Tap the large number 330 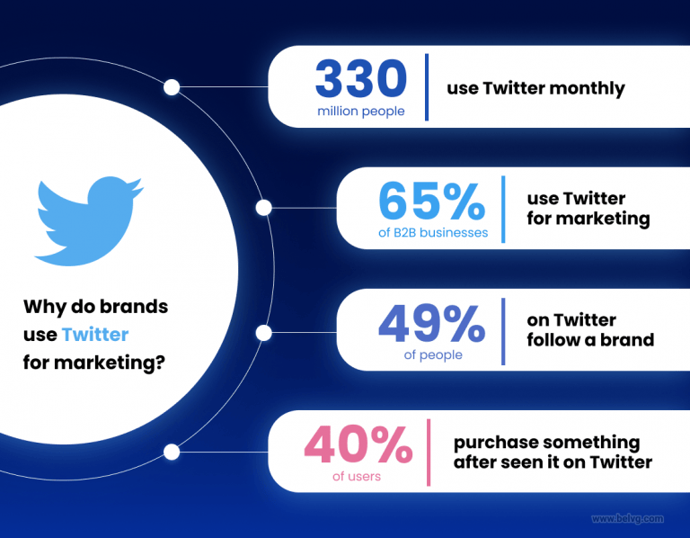pyautogui.click(x=361, y=81)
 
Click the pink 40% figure pyautogui.click(x=357, y=445)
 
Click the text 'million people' pyautogui.click(x=361, y=112)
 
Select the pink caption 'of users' pyautogui.click(x=357, y=475)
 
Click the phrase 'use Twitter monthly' pyautogui.click(x=535, y=88)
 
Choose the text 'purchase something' pyautogui.click(x=546, y=443)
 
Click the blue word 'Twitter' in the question pyautogui.click(x=95, y=335)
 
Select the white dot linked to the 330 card pyautogui.click(x=172, y=87)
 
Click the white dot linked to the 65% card pyautogui.click(x=263, y=208)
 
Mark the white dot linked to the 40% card pyautogui.click(x=172, y=452)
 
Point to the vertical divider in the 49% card pyautogui.click(x=503, y=331)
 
